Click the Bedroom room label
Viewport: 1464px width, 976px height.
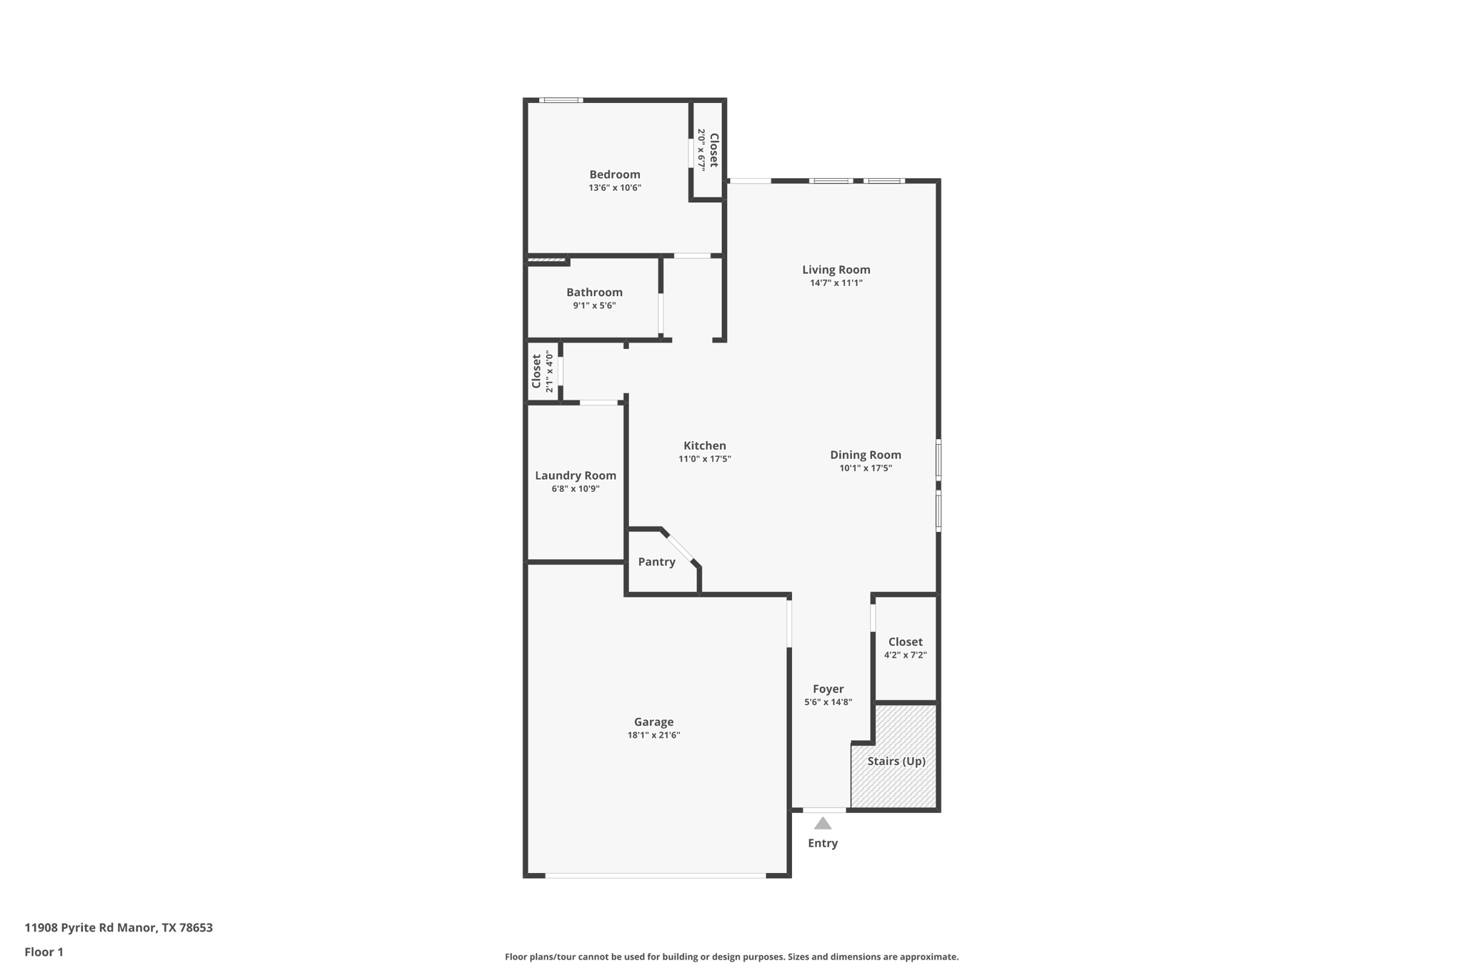614,174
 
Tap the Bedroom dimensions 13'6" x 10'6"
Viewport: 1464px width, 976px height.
615,188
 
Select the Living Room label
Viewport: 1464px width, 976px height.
836,270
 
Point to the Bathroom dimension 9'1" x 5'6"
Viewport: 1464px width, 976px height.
594,306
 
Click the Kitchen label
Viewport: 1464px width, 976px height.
704,445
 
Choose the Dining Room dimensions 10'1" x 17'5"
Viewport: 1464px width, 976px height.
865,468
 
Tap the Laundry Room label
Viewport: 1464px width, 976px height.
575,475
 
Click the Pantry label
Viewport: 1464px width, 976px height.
656,562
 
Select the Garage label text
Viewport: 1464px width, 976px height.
653,722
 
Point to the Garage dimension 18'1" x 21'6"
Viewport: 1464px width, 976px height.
653,735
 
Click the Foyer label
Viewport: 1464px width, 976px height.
828,689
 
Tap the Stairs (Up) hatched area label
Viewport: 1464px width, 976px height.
896,761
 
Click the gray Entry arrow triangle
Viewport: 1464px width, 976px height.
823,824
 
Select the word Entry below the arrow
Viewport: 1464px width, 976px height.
823,843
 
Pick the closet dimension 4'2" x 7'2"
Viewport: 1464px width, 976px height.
905,655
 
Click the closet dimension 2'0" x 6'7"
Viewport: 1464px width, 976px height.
701,149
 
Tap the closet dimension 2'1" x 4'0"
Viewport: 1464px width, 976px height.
549,371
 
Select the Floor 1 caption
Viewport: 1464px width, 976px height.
44,952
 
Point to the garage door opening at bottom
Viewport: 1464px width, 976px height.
656,875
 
